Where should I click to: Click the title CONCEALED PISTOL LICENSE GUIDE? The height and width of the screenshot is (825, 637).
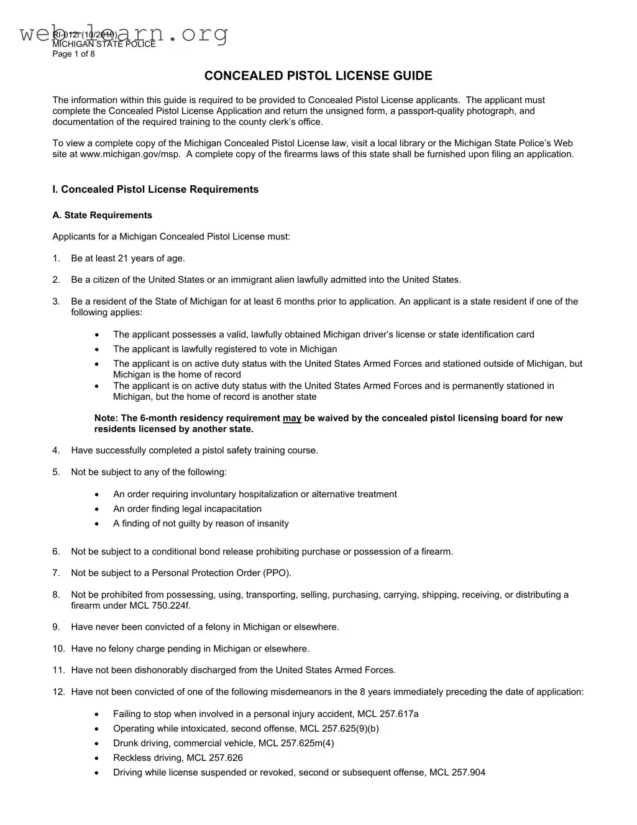point(318,76)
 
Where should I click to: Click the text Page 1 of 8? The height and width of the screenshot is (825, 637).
point(73,54)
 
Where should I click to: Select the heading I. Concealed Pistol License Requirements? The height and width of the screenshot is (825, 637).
point(155,190)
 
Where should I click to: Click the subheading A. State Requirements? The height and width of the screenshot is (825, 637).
point(102,215)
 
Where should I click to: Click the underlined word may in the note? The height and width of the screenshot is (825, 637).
point(291,418)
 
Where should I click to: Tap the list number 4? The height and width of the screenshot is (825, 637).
point(56,451)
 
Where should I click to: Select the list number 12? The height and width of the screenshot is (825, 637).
point(58,692)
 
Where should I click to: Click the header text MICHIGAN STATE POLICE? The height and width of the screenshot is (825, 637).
point(104,44)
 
